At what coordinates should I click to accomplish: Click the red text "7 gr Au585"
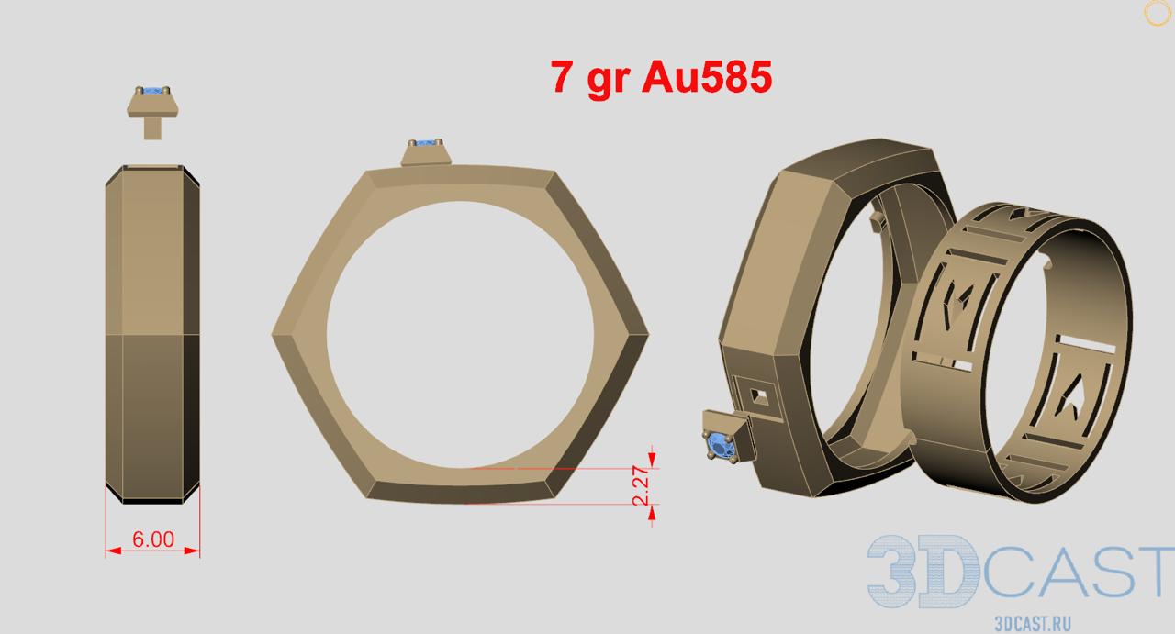(662, 77)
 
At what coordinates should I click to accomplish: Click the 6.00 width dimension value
(152, 539)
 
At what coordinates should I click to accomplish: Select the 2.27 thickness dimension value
(641, 485)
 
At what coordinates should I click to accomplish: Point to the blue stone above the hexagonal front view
(425, 142)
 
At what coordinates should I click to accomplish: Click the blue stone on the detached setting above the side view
(152, 91)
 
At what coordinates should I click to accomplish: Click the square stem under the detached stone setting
(152, 128)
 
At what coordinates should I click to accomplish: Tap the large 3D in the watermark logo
(923, 571)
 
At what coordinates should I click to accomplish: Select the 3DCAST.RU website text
(1033, 624)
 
